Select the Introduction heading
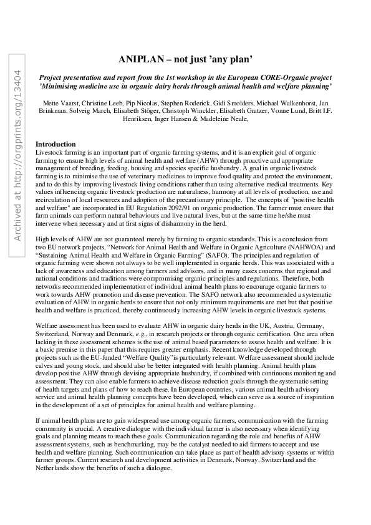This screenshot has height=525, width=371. click(55, 144)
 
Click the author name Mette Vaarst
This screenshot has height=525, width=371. click(56, 102)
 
